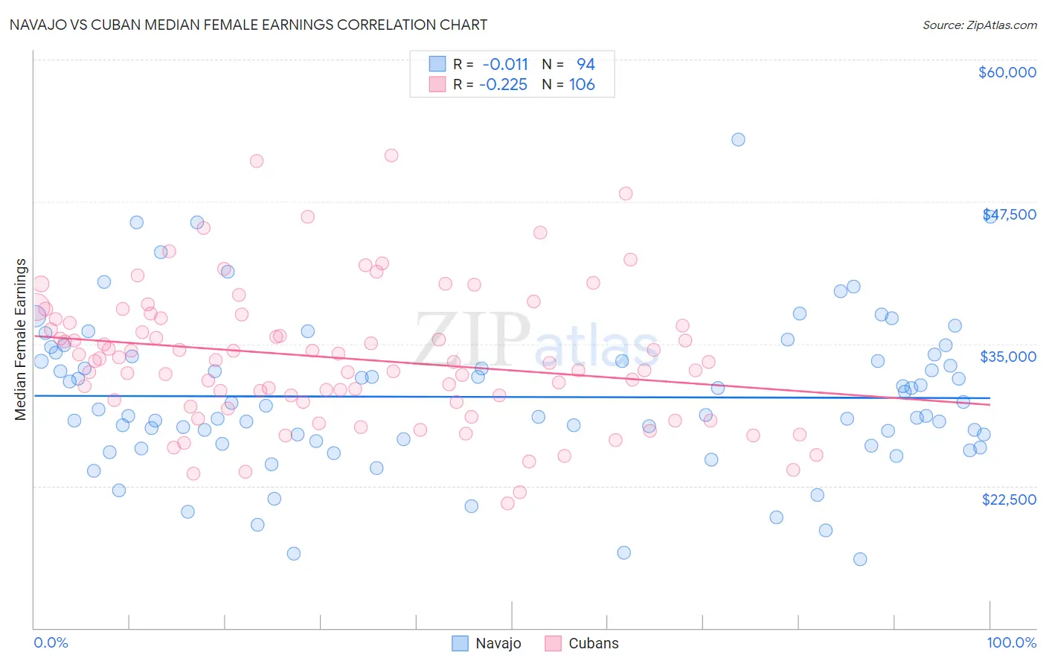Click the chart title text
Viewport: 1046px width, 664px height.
click(248, 25)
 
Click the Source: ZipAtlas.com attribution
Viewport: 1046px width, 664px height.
click(979, 25)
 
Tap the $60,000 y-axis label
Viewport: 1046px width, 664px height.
click(1007, 72)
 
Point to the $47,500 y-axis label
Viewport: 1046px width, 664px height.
click(1010, 214)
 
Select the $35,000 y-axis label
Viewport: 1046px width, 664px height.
click(1007, 357)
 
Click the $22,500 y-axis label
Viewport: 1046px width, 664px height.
click(1008, 499)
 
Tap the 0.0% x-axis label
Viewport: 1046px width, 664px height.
click(51, 642)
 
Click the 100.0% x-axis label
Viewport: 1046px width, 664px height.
click(1011, 642)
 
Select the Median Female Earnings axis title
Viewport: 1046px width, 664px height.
click(21, 339)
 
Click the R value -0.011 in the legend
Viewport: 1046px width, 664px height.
click(504, 64)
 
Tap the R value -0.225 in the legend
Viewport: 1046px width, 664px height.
click(503, 85)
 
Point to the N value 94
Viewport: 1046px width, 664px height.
click(585, 64)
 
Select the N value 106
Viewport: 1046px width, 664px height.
click(582, 85)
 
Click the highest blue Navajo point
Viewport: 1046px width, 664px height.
click(738, 139)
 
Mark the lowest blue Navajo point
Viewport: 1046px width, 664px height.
click(860, 559)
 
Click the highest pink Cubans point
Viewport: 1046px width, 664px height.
click(391, 156)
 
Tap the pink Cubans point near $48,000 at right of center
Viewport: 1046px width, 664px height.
click(626, 194)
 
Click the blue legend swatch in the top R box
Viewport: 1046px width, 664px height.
click(437, 64)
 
